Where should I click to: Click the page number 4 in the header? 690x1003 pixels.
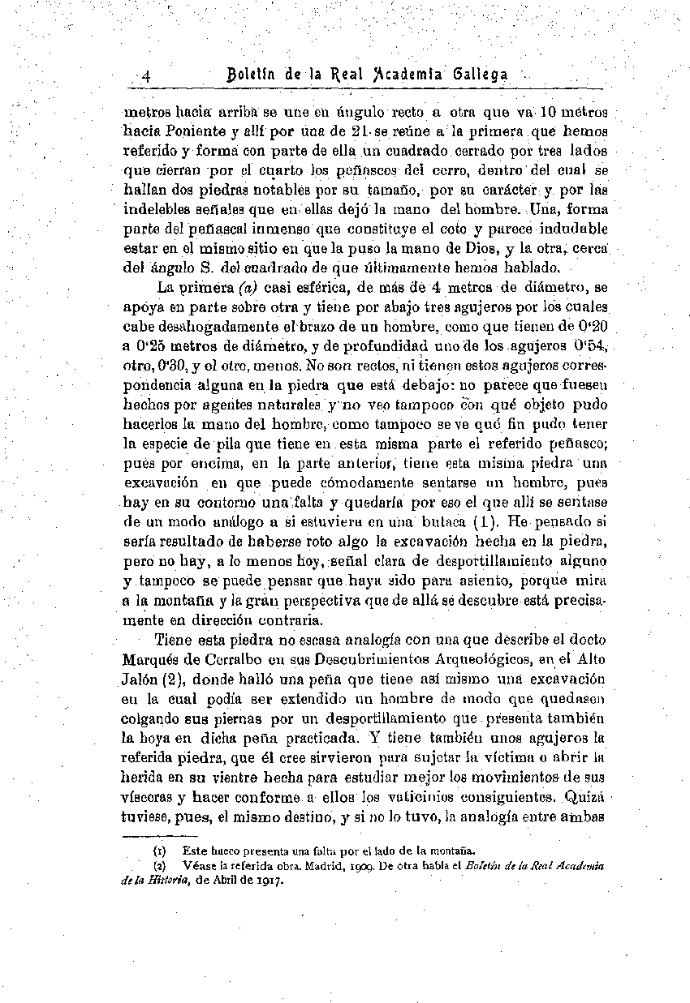point(147,75)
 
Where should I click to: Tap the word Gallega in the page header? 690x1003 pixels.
point(482,75)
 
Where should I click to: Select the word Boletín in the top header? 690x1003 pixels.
point(253,75)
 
